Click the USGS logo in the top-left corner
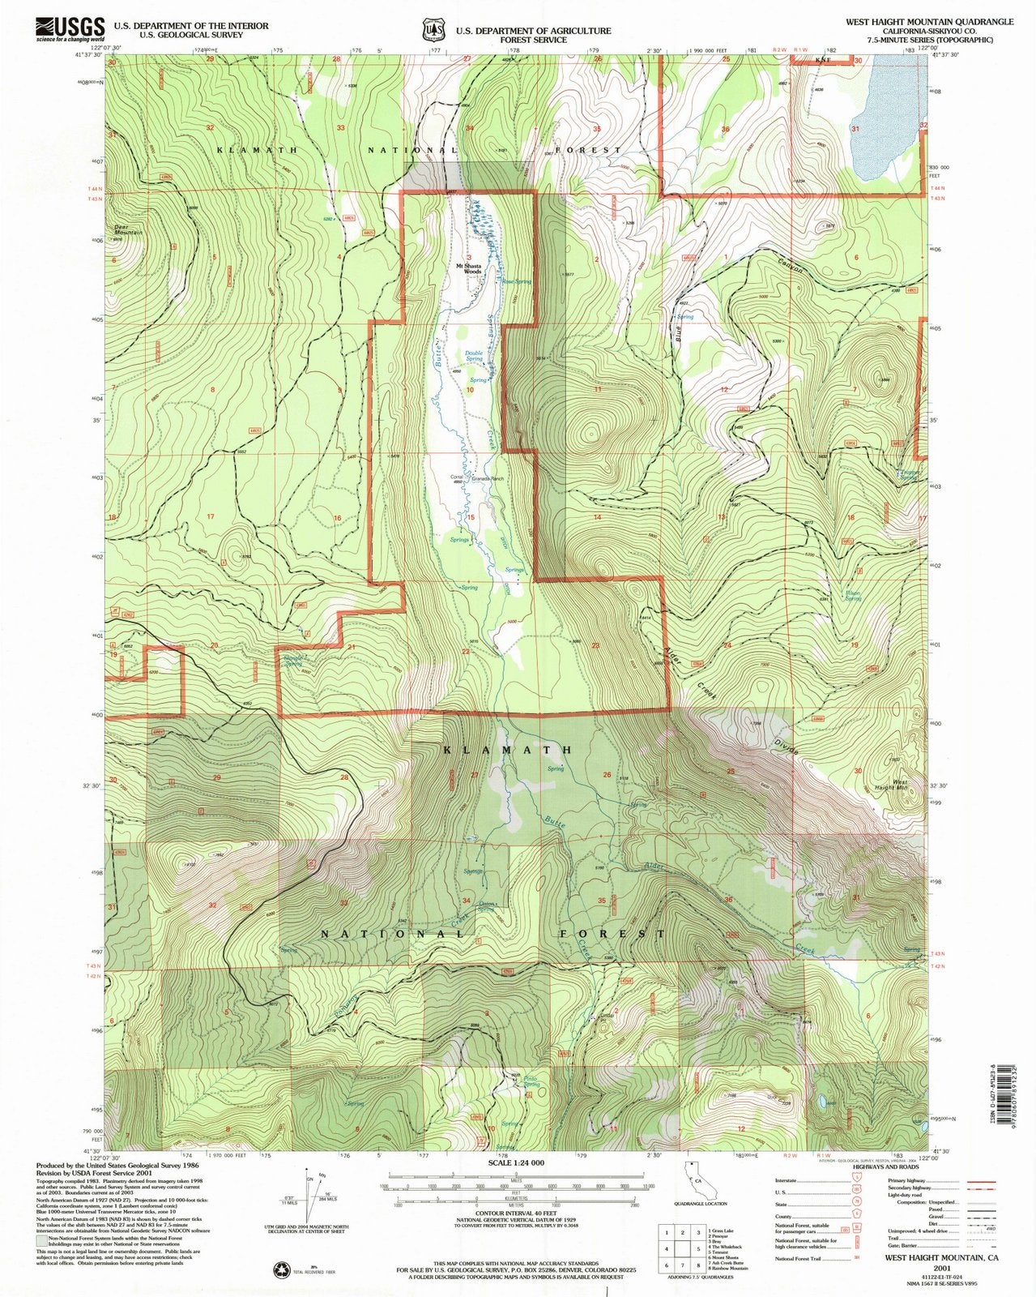(70, 28)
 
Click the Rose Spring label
(516, 281)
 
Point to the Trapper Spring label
(908, 474)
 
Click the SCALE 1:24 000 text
(518, 1162)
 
